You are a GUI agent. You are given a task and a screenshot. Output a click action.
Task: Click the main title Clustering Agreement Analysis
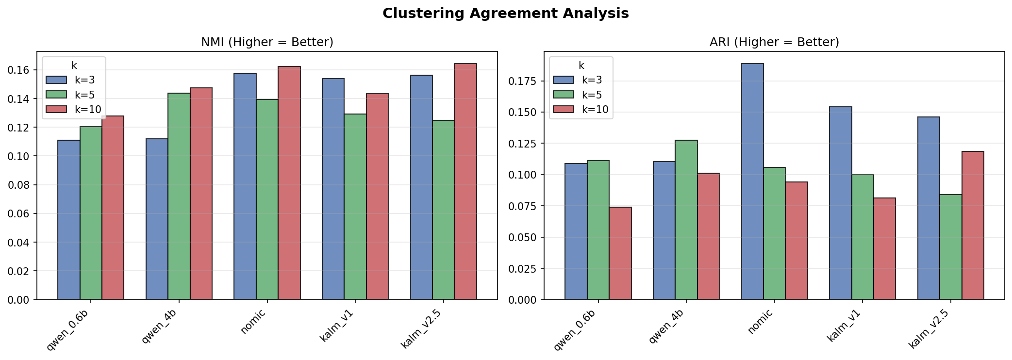(505, 14)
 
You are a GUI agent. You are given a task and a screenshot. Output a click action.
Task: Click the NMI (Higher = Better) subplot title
(267, 42)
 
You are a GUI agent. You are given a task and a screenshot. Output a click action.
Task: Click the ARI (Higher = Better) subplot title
(774, 42)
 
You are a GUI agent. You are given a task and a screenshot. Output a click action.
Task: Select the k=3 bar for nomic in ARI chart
(752, 182)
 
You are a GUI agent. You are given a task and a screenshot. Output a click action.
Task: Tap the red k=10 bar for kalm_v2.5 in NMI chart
(465, 182)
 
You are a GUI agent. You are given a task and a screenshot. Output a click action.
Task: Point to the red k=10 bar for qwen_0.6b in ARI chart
(620, 253)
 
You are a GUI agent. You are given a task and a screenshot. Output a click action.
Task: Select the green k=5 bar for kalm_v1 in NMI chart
(355, 207)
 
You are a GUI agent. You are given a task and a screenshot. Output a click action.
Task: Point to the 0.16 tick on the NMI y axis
(18, 70)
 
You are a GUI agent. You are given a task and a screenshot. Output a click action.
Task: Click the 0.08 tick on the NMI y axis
(18, 185)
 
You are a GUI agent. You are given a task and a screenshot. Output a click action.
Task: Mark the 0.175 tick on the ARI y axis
(523, 81)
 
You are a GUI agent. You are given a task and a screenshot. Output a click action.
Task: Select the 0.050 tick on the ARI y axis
(523, 237)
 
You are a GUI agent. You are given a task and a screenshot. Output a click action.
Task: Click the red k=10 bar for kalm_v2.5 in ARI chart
(973, 226)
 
